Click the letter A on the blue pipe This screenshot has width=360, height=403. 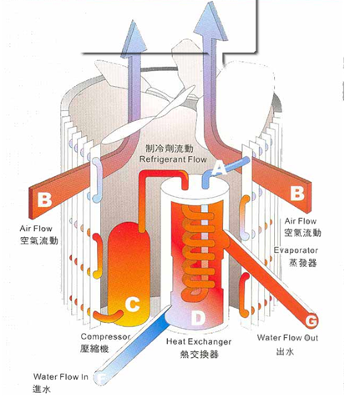[x=219, y=169]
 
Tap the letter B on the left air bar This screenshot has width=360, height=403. [x=45, y=199]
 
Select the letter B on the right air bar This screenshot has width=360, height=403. [x=297, y=193]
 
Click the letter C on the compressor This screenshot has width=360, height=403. [x=133, y=304]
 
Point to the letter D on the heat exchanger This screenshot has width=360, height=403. [x=198, y=318]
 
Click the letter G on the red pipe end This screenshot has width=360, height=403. [x=312, y=321]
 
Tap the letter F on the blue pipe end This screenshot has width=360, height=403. [x=102, y=378]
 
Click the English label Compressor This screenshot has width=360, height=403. [x=105, y=336]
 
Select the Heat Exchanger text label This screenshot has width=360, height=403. [x=199, y=341]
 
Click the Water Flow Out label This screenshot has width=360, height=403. [x=287, y=338]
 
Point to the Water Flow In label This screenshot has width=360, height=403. [x=61, y=377]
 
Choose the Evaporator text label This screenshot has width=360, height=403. [x=296, y=250]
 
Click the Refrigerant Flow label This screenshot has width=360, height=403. [x=173, y=159]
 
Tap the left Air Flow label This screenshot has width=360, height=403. [x=36, y=229]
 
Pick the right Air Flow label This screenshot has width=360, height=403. [x=301, y=221]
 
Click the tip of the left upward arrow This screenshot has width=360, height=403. [x=134, y=20]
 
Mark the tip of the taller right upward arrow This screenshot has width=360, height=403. [x=210, y=2]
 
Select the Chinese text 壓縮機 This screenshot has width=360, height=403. [x=94, y=349]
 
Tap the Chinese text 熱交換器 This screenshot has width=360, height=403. [x=200, y=354]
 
